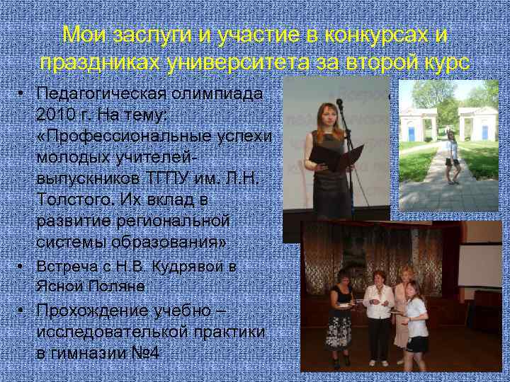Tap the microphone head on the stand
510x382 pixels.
(339, 104)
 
